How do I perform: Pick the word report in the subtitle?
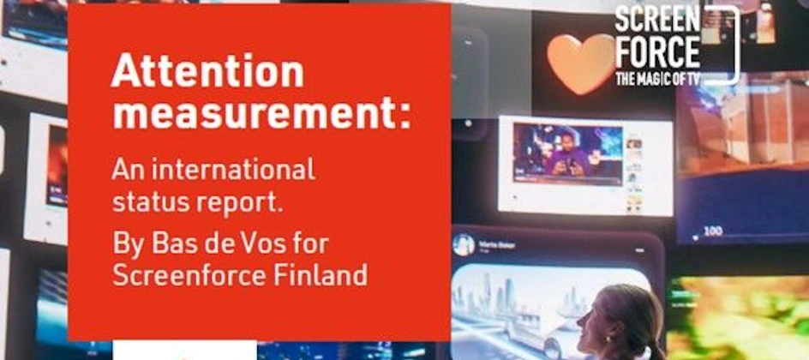[x=241, y=204]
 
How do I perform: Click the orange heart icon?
[x=581, y=62]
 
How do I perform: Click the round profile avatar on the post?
[x=464, y=244]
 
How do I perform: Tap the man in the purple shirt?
[x=567, y=153]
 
